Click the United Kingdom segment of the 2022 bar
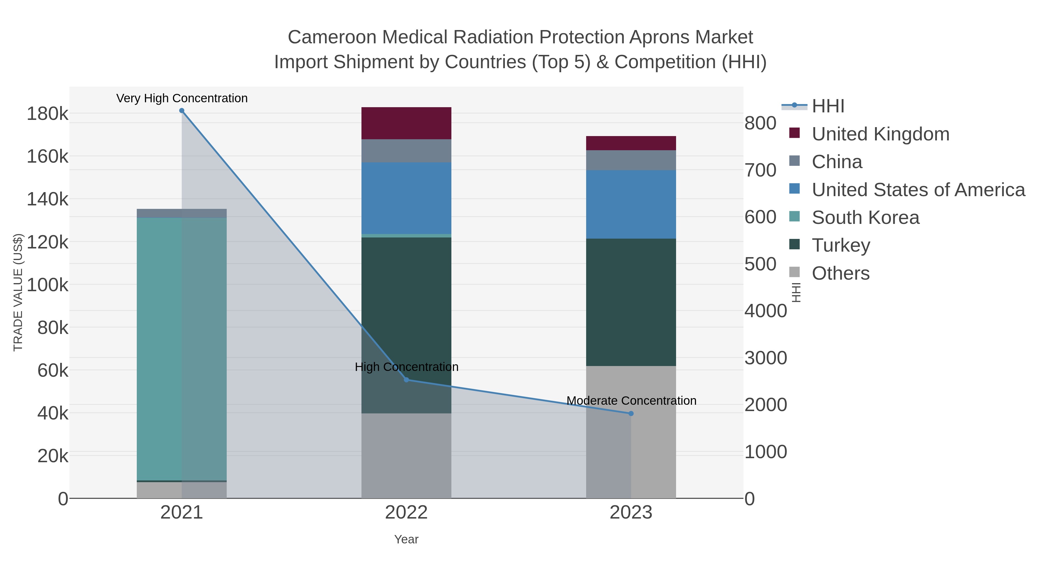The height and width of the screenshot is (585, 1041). click(406, 123)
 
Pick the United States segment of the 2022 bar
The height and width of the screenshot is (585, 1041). click(406, 198)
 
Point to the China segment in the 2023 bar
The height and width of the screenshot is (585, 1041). click(631, 160)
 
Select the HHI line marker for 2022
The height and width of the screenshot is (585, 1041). click(407, 380)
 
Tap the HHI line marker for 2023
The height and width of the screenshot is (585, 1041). click(631, 413)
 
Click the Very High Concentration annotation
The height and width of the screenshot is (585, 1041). click(182, 98)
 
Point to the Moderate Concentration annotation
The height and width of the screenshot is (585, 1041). click(631, 400)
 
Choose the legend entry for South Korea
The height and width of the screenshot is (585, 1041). click(865, 217)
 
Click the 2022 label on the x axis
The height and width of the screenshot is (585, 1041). click(406, 512)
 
